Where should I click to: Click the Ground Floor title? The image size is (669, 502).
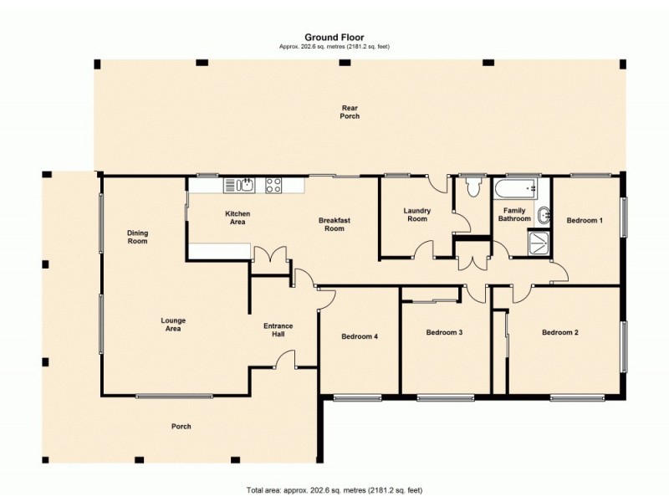coord(334,37)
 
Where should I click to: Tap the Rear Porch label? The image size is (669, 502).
coord(350,111)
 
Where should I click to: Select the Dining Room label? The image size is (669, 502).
coord(137,237)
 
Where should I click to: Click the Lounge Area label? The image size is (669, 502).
coord(174,324)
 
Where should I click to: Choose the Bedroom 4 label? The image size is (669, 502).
coord(360,336)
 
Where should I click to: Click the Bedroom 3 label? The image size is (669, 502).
coord(444,332)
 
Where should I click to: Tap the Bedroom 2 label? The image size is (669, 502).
coord(559,332)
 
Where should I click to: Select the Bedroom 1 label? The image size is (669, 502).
coord(584,220)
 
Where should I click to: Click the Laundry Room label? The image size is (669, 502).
coord(416,215)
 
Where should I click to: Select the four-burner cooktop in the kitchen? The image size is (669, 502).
coord(273,185)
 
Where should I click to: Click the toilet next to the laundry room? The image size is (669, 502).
coord(474,187)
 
